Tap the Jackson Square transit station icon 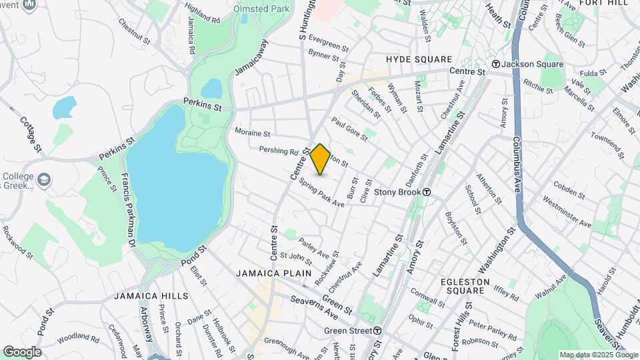click(x=496, y=64)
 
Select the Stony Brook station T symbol click(x=427, y=192)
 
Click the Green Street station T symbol click(x=377, y=331)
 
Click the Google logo click(x=22, y=351)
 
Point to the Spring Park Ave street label click(x=321, y=192)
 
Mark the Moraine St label click(x=252, y=133)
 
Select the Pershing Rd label click(x=278, y=151)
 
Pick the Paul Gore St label click(x=350, y=129)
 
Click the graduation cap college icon click(x=44, y=180)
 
